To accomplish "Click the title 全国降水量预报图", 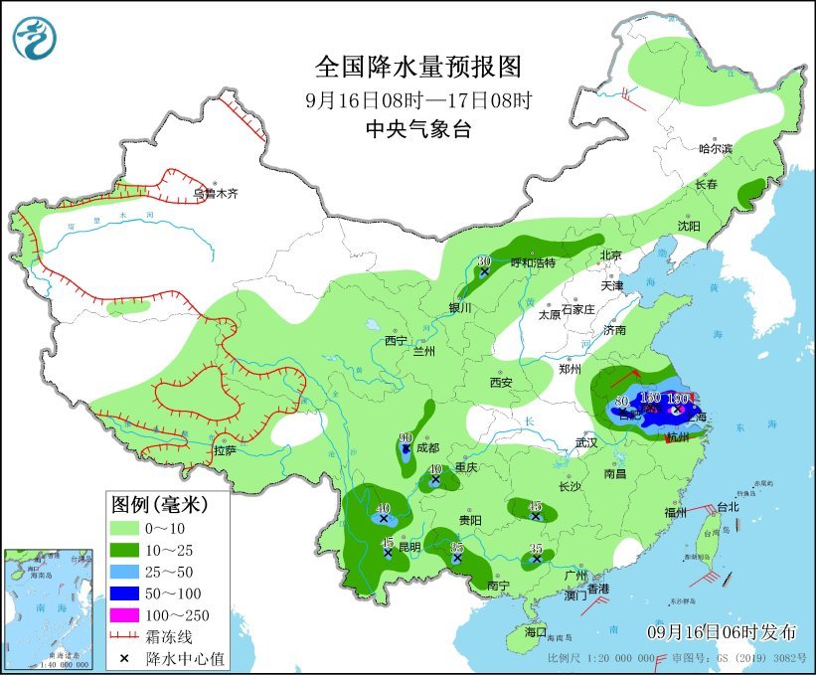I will pos(417,68).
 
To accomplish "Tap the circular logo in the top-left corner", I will pos(35,37).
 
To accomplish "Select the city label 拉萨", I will pos(225,450).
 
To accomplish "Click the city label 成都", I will pos(428,447).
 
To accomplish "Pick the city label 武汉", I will pos(588,441).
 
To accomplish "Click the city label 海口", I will pos(536,631).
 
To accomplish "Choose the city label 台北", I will pos(728,506).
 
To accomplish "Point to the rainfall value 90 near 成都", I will pos(406,438).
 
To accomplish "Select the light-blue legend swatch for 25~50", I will pos(127,570).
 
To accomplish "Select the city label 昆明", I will pos(409,547).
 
